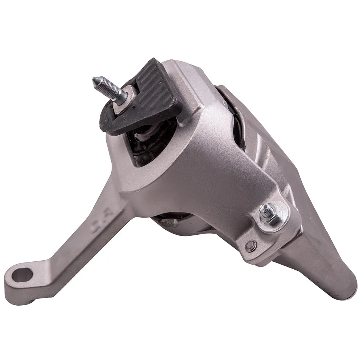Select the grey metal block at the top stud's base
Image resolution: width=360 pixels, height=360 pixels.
click(x=128, y=99)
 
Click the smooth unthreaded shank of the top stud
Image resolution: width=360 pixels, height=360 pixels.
click(x=121, y=94)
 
